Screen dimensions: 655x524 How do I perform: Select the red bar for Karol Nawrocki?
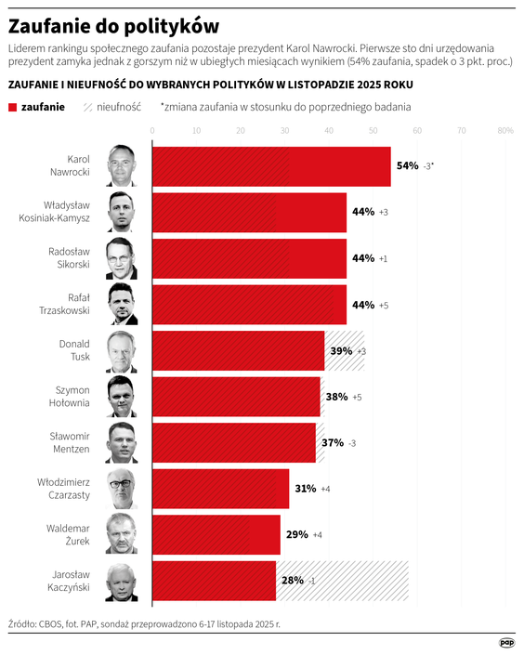(270, 166)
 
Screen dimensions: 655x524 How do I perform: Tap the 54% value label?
(407, 166)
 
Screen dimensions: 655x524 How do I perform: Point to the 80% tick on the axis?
(505, 131)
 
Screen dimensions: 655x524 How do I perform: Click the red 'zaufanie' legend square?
(12, 107)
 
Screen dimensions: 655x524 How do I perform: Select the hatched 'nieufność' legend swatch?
(85, 107)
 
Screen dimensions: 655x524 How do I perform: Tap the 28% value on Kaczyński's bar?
(292, 581)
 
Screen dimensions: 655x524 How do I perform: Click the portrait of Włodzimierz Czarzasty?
(122, 489)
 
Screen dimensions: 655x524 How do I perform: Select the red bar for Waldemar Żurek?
(216, 534)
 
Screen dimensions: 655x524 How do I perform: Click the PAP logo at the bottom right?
(506, 642)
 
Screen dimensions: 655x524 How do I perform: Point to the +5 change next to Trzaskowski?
(384, 305)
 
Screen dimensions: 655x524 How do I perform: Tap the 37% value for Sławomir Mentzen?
(332, 442)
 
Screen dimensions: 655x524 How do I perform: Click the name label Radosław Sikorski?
(68, 257)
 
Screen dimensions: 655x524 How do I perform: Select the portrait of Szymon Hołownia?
(122, 396)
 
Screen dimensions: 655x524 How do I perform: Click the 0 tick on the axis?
(152, 131)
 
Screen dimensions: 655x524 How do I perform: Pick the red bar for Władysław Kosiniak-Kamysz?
(249, 212)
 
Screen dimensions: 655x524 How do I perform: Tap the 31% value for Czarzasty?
(305, 489)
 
